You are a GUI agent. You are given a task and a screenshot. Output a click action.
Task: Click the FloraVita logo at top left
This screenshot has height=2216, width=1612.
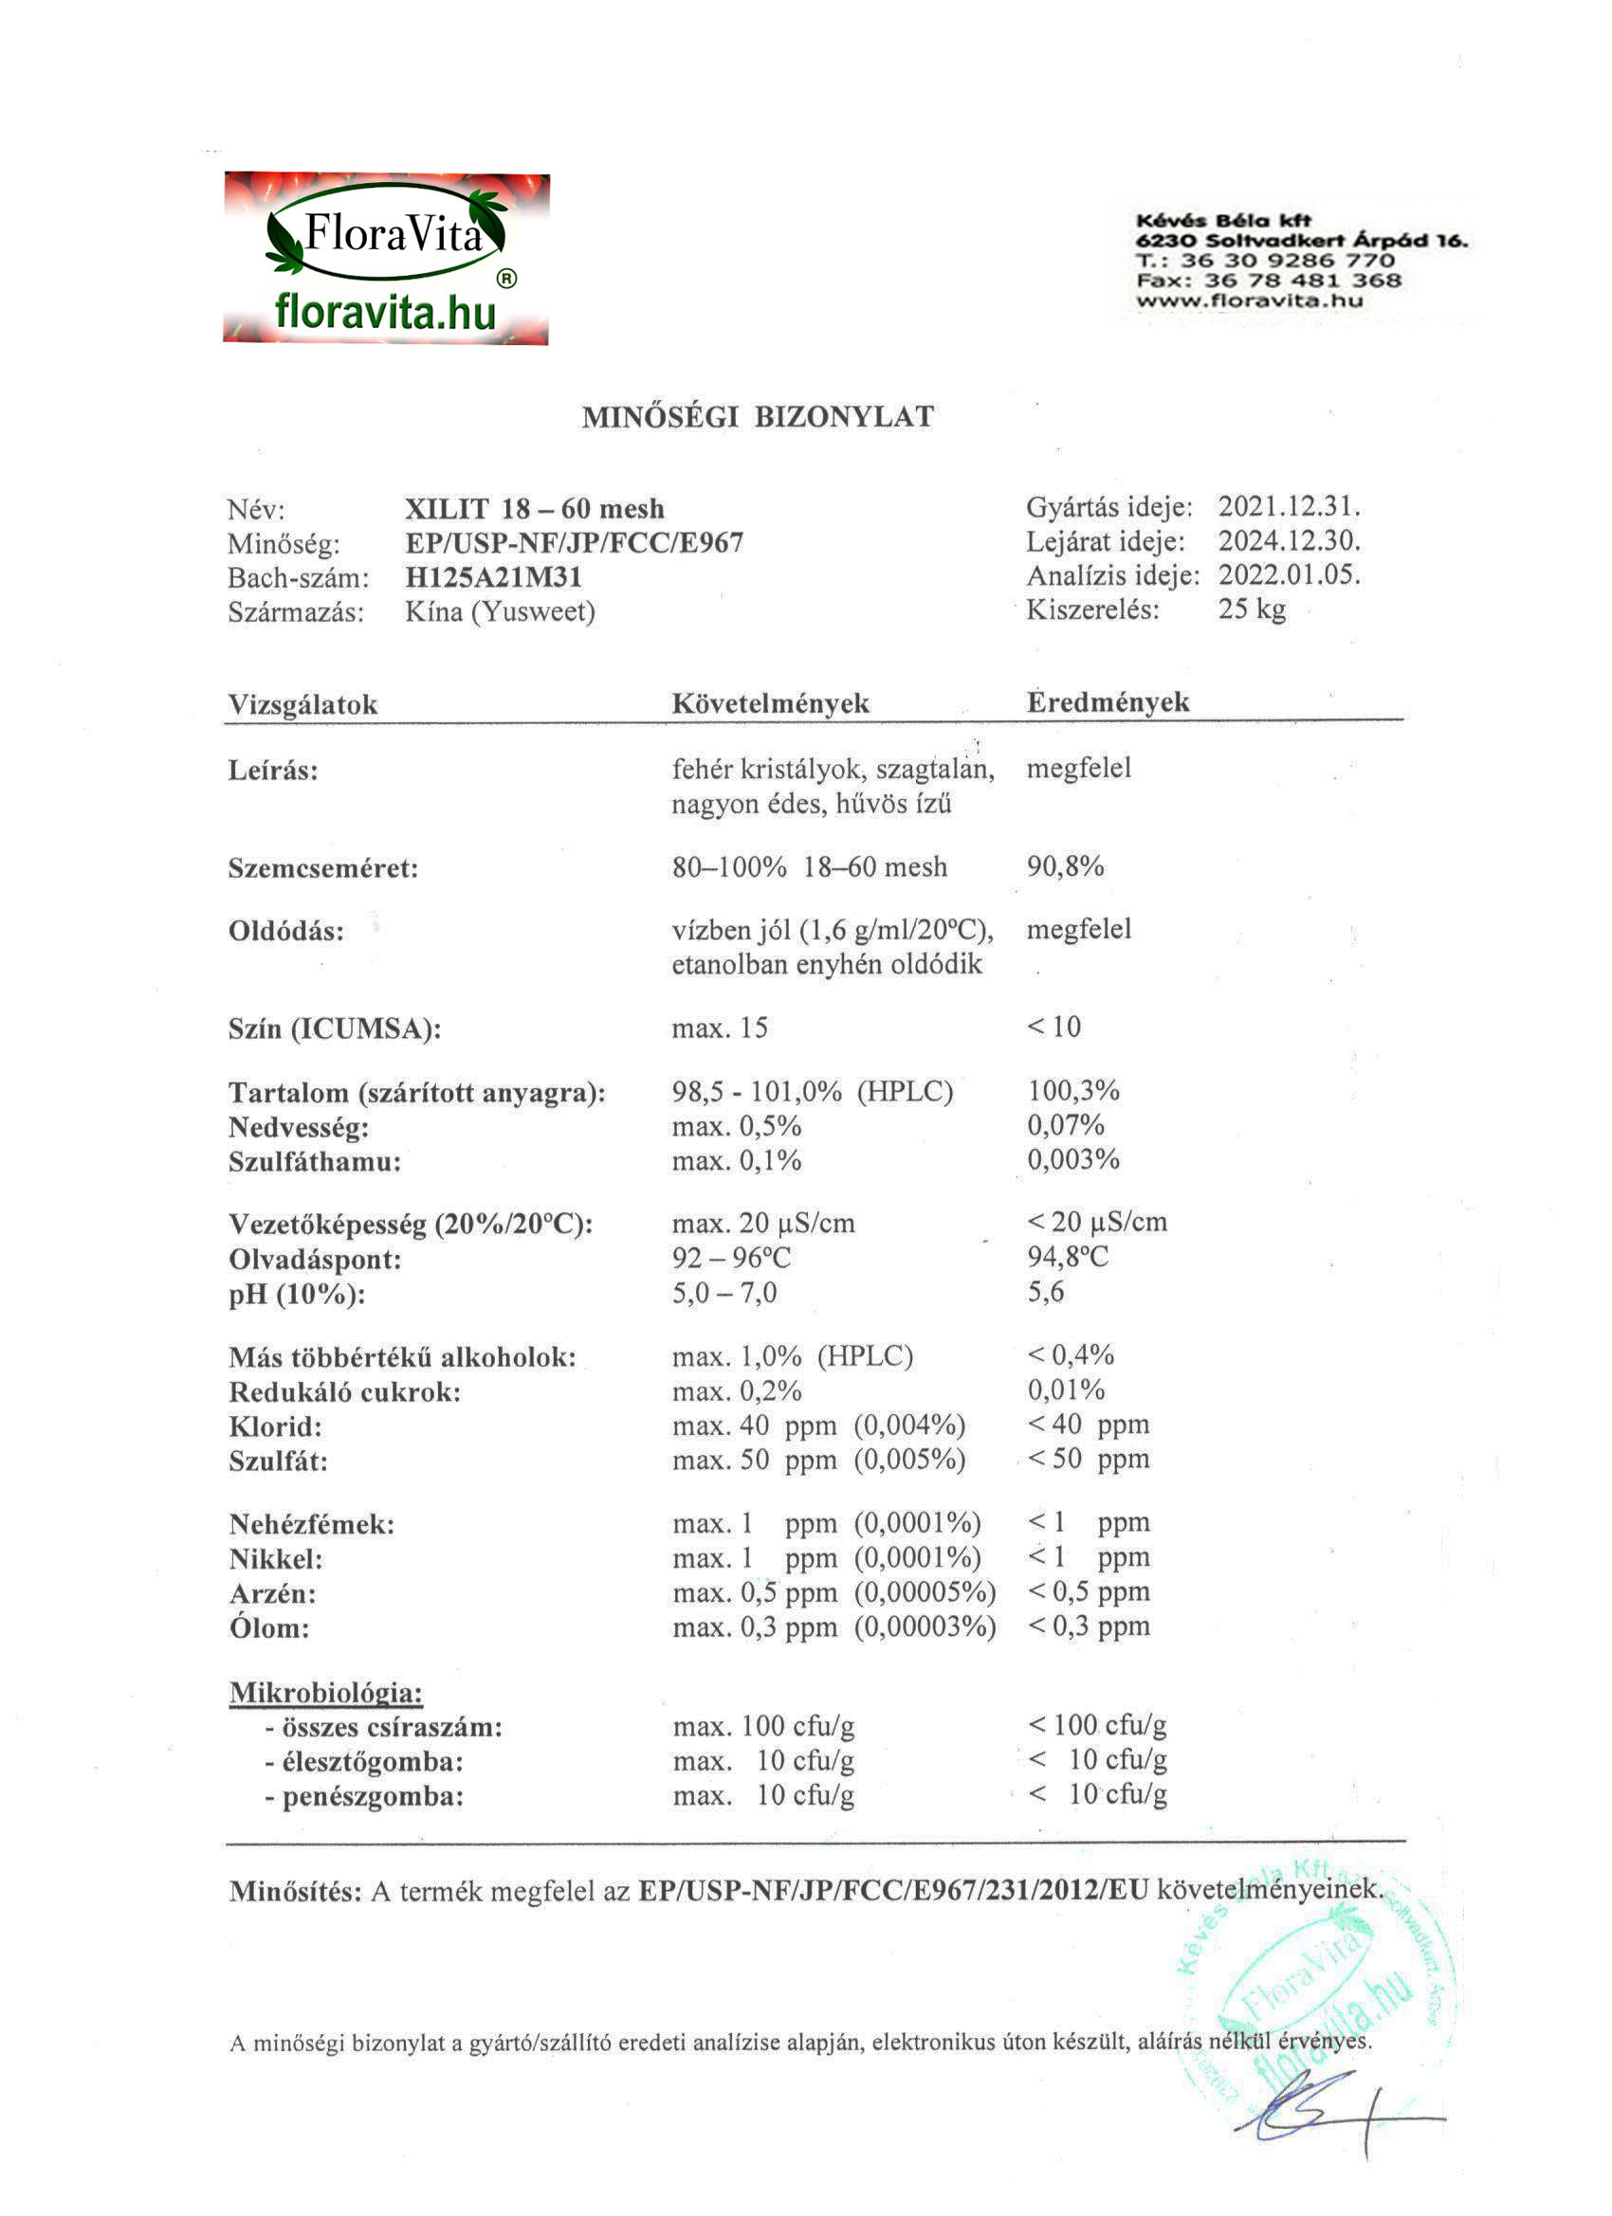pos(386,259)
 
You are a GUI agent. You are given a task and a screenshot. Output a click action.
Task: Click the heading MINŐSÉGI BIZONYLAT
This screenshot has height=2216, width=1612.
pos(758,417)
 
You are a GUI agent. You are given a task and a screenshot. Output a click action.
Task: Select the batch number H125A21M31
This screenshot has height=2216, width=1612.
pos(494,577)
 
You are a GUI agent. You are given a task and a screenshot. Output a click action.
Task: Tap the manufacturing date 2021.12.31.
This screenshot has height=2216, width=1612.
pos(1289,507)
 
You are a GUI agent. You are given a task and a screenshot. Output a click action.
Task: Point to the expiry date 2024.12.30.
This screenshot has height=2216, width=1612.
pos(1289,541)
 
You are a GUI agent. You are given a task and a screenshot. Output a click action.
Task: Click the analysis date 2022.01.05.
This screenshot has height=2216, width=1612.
pos(1289,574)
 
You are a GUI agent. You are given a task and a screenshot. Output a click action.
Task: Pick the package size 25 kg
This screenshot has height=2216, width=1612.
pos(1252,608)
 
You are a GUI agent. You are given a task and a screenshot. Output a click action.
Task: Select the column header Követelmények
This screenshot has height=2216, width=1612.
pos(770,703)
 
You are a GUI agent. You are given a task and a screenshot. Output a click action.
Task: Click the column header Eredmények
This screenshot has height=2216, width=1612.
pos(1108,702)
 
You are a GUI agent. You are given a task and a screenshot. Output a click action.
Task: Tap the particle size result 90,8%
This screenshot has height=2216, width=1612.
pos(1065,866)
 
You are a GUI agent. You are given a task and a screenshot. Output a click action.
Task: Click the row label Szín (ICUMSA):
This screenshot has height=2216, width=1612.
pos(335,1029)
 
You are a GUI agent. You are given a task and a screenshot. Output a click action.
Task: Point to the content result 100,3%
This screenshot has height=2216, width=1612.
pos(1073,1090)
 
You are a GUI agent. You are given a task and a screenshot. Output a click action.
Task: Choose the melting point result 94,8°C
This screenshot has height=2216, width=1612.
pos(1068,1257)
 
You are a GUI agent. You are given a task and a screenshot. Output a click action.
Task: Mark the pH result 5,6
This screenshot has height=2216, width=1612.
pos(1045,1292)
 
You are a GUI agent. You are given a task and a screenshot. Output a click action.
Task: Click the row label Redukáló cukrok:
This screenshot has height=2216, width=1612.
pos(344,1392)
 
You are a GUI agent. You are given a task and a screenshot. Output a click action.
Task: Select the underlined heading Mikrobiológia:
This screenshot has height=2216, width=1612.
pos(325,1693)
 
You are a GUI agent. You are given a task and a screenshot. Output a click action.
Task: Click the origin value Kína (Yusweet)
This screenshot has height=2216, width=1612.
pos(500,611)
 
